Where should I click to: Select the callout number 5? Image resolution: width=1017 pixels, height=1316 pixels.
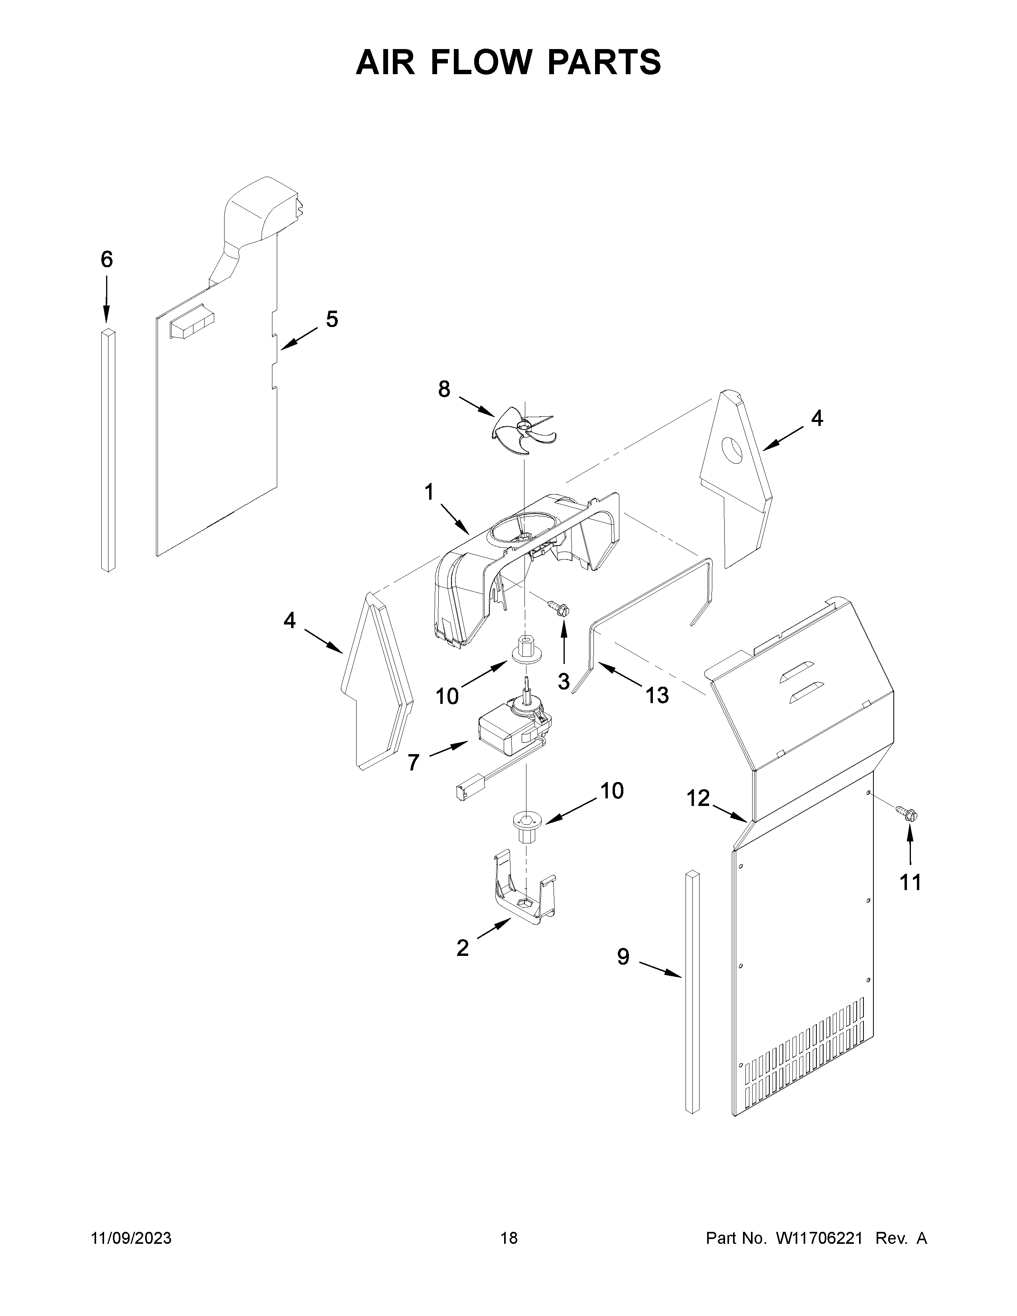(332, 319)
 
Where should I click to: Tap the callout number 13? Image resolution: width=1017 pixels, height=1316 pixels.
(657, 695)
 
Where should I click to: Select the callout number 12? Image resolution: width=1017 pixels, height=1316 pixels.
(699, 798)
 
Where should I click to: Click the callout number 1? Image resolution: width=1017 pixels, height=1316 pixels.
(429, 492)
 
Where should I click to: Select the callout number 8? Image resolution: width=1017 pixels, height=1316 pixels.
(444, 389)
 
